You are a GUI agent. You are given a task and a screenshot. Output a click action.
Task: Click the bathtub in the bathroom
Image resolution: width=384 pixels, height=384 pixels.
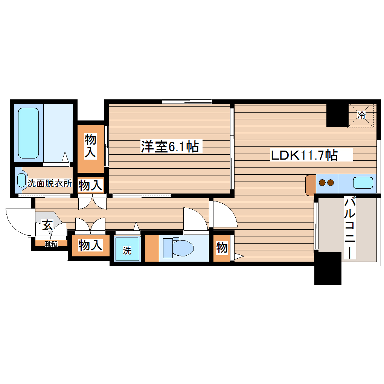[x=29, y=133]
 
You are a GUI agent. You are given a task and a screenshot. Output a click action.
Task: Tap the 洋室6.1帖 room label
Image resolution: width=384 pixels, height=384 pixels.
[x=170, y=146]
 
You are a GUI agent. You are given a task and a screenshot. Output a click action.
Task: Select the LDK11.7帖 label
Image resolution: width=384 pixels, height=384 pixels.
[x=304, y=155]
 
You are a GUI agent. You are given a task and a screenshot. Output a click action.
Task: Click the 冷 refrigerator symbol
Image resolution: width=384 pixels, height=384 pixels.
[x=361, y=115]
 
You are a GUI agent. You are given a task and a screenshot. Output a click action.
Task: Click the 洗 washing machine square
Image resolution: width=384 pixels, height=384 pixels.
[x=127, y=249]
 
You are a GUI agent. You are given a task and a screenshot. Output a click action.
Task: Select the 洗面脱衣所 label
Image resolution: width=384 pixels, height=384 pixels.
[x=50, y=183]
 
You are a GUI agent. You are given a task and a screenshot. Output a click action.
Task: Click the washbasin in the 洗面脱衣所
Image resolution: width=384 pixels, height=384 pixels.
[x=22, y=181]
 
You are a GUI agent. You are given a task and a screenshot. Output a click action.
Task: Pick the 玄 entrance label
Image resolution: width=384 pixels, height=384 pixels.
[x=47, y=226]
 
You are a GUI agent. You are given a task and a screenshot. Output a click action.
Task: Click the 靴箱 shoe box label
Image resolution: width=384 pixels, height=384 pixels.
[x=51, y=244]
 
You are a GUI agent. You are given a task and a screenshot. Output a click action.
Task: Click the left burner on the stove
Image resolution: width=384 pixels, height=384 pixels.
[x=322, y=183]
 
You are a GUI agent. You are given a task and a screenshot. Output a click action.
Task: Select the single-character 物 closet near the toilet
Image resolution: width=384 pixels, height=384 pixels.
[x=222, y=248]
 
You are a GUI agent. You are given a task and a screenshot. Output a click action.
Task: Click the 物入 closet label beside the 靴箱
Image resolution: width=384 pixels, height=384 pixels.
[x=90, y=246]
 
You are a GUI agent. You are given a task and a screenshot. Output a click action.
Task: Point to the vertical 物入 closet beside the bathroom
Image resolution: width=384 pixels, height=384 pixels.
[x=91, y=146]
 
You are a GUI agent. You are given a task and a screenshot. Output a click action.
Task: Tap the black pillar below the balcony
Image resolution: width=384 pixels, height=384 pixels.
[x=328, y=269]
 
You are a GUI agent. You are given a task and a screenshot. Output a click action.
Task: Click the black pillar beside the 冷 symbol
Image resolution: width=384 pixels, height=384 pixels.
[x=337, y=114]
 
